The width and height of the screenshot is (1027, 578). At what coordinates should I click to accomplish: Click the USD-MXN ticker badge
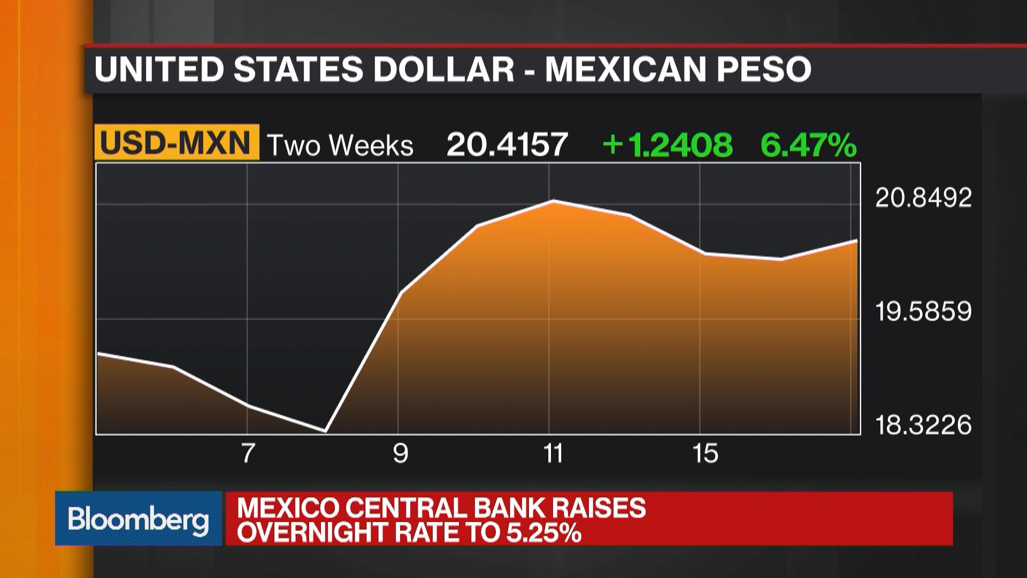176,143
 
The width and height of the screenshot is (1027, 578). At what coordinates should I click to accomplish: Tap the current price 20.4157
507,144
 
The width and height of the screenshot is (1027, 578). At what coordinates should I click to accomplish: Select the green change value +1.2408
667,144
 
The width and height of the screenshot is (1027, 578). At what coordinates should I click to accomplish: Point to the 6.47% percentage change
808,144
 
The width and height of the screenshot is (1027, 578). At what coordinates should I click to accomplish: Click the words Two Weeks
340,146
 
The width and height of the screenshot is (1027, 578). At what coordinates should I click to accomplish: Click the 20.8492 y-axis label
923,198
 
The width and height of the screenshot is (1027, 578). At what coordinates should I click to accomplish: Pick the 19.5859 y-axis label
923,311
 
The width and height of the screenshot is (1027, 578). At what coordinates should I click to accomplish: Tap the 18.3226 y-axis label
923,425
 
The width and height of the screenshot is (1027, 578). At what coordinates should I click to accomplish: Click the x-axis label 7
248,453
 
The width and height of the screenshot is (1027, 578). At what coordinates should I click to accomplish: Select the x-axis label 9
401,453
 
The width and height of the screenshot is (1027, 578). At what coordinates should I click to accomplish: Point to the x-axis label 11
553,453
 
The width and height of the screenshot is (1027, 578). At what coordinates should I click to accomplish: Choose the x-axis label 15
705,453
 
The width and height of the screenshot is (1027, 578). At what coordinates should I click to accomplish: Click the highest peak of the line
554,201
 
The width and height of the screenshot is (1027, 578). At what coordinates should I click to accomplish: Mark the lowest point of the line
325,430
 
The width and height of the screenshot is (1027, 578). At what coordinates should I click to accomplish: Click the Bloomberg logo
138,519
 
